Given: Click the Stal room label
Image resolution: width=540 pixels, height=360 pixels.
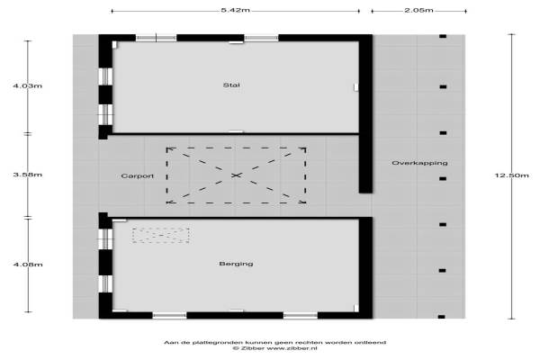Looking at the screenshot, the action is (231, 85).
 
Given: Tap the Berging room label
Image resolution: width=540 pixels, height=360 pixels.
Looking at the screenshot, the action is (236, 264).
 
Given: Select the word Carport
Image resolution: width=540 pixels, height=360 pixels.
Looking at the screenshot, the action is (138, 176).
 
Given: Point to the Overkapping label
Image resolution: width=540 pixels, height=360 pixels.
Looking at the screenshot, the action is (419, 163).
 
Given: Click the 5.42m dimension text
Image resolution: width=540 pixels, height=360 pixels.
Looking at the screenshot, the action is (236, 10).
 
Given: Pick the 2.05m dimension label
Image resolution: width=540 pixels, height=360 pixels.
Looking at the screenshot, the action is (418, 10).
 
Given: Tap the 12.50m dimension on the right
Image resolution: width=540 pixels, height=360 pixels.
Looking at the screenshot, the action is (511, 175).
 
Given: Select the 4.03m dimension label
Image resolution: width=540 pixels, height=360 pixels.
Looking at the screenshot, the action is (28, 85).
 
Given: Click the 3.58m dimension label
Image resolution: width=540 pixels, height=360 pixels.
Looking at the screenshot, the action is (28, 175).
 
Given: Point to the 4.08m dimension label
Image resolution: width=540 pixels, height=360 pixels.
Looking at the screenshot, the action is (28, 265).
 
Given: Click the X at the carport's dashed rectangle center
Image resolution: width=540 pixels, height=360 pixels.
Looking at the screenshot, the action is (236, 175).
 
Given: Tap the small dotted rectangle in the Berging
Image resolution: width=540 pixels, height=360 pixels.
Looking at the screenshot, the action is (161, 235).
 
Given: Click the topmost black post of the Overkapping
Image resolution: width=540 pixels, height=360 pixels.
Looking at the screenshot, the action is (443, 36).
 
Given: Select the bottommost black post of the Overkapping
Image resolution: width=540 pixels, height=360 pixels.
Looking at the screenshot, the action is (442, 317).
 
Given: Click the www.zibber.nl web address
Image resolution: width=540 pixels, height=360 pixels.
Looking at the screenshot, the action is (292, 348).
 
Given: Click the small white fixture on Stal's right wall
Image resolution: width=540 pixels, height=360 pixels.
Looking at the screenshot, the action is (356, 87).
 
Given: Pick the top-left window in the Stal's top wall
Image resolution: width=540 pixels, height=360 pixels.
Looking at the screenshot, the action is (157, 38).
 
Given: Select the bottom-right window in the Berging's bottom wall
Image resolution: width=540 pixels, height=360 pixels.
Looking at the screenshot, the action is (301, 315).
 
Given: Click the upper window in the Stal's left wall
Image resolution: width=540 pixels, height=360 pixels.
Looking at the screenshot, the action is (105, 76).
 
